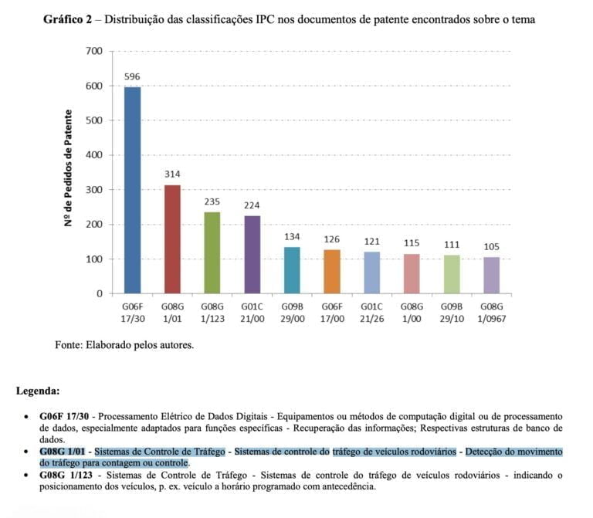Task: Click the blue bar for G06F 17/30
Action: (133, 190)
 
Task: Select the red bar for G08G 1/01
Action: (172, 239)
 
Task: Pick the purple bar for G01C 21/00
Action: (252, 255)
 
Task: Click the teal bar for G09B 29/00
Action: (292, 270)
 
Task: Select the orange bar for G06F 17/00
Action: (332, 272)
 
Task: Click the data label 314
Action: (172, 174)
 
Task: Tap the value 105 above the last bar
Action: (491, 247)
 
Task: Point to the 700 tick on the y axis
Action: (94, 51)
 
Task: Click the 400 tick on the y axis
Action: (94, 155)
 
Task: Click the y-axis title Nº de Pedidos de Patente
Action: (69, 168)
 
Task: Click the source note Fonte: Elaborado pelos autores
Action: (124, 344)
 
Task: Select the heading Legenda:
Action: (38, 391)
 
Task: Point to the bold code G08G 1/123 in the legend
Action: (66, 476)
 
